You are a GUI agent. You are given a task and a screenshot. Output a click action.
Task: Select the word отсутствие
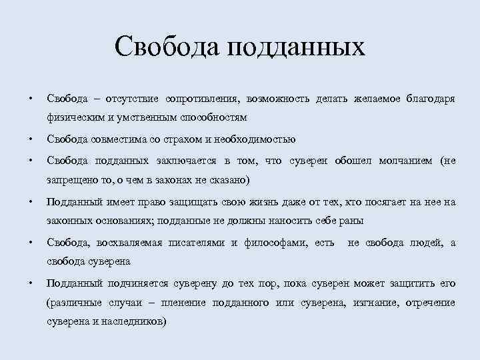coord(129,99)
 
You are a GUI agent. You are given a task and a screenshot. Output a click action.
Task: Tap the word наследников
coord(133,321)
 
